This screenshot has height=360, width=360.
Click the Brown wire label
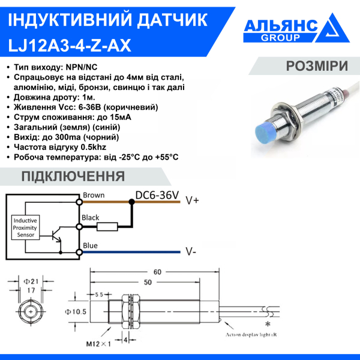(x=94, y=196)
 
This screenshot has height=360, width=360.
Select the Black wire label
(x=91, y=218)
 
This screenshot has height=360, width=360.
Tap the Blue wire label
(x=90, y=245)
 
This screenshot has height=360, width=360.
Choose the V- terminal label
(x=190, y=251)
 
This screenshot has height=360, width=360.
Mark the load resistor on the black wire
(x=106, y=227)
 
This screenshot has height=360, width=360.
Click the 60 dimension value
(x=157, y=272)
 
